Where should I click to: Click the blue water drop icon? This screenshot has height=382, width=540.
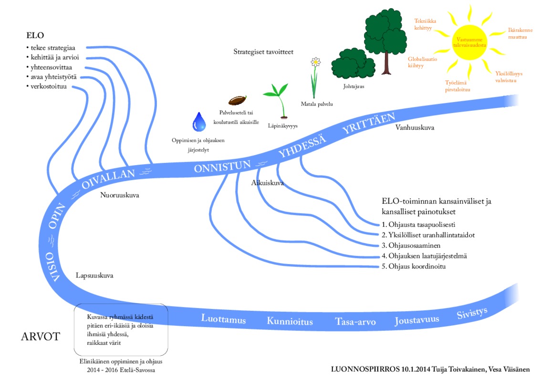[x=199, y=122]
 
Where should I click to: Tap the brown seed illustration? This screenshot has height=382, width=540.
[x=237, y=101]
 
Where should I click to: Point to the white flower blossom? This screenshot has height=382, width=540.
[x=315, y=62]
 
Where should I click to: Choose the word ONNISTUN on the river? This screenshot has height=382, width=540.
[x=222, y=167]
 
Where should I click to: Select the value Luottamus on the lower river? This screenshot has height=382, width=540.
[x=223, y=319]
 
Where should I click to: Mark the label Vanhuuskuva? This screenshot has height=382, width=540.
[x=415, y=127]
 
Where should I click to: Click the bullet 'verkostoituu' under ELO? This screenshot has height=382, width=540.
[x=48, y=86]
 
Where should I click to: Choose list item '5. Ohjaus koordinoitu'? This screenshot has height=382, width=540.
[x=414, y=266]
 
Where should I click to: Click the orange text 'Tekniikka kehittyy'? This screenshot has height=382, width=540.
[x=426, y=24]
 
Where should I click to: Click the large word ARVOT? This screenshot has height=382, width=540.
[x=40, y=337]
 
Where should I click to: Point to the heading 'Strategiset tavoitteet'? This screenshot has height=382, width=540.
[x=263, y=52]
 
